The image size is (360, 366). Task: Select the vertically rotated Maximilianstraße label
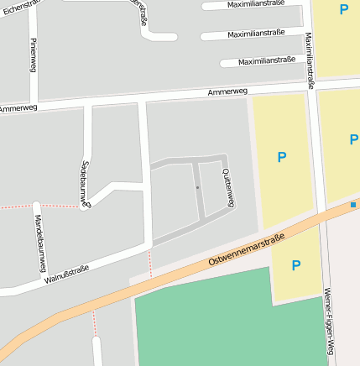309,60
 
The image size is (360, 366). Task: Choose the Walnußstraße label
67,274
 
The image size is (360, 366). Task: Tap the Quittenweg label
227,186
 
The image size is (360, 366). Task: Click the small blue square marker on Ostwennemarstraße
353,205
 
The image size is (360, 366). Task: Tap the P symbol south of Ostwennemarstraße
295,265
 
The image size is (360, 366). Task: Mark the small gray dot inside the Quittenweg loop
197,187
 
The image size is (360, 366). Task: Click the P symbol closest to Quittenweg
281,157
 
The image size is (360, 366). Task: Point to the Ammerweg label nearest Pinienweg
18,108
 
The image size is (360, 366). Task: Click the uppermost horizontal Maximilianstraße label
256,3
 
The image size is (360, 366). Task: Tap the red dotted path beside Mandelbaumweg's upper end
17,206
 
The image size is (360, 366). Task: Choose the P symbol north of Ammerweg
343,9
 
